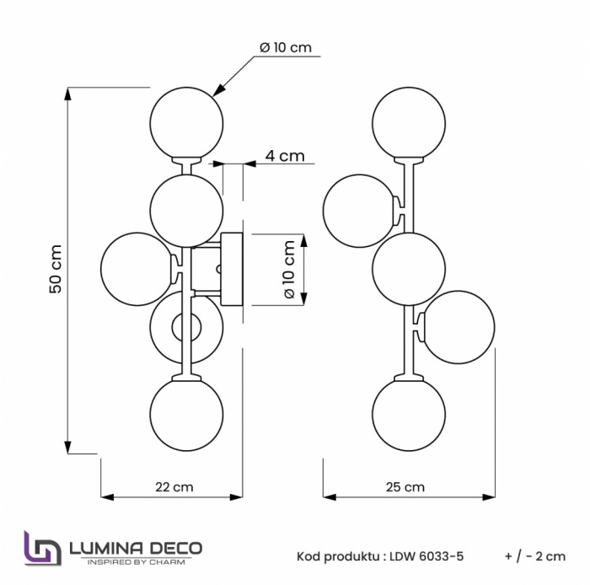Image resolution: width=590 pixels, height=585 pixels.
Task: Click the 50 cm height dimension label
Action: click(x=56, y=270)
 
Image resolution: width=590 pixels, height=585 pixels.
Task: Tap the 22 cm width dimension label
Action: click(x=174, y=486)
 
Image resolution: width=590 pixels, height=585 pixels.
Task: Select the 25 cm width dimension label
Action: click(x=405, y=486)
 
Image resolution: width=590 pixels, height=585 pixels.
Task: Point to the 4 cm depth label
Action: click(x=284, y=156)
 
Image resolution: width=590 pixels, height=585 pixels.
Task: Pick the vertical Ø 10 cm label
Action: click(x=288, y=271)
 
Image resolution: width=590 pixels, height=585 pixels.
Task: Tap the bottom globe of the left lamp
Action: click(x=186, y=414)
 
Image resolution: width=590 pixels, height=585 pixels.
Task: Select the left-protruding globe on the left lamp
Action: click(x=137, y=270)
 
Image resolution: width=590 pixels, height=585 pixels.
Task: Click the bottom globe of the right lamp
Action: click(x=409, y=414)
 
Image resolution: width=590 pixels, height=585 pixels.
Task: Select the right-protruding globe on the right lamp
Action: click(x=459, y=327)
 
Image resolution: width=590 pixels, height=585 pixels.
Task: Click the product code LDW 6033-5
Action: click(x=425, y=556)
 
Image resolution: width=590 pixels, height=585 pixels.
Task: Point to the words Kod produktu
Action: click(x=335, y=556)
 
